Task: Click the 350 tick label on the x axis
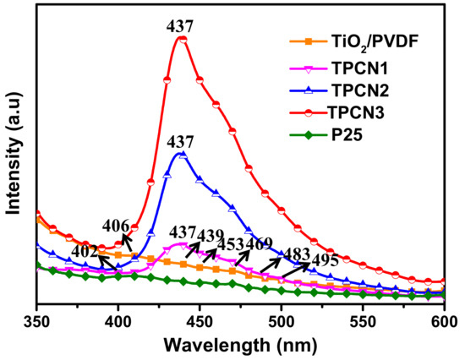tap(37, 321)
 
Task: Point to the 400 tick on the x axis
tap(118, 321)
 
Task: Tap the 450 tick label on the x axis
tap(200, 321)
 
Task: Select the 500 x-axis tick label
tap(282, 321)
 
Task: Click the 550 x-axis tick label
tap(363, 321)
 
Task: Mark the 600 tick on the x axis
tap(444, 321)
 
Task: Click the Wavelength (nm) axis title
tap(240, 346)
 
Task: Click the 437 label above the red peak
tap(180, 26)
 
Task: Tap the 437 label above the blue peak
tap(180, 141)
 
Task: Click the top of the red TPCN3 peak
tap(180, 38)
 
